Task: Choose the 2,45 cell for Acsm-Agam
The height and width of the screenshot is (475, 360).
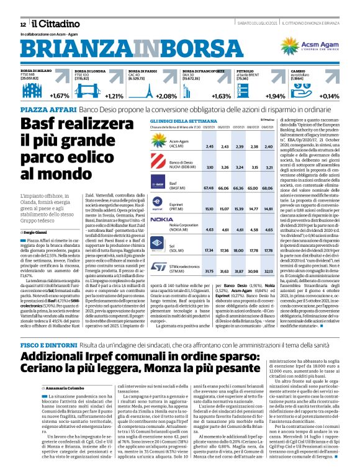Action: point(192,146)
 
